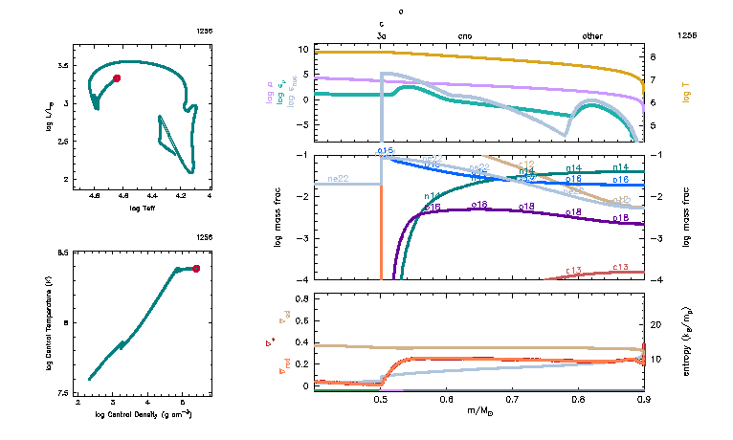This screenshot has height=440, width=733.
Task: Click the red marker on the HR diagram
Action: [117, 78]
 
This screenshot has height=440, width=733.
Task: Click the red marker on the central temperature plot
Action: [196, 269]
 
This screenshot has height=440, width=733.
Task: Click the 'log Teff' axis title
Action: [143, 207]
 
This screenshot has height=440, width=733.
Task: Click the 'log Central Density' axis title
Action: [144, 415]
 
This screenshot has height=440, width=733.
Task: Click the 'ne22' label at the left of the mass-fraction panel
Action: [338, 179]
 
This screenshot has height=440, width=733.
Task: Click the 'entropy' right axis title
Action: [687, 340]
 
